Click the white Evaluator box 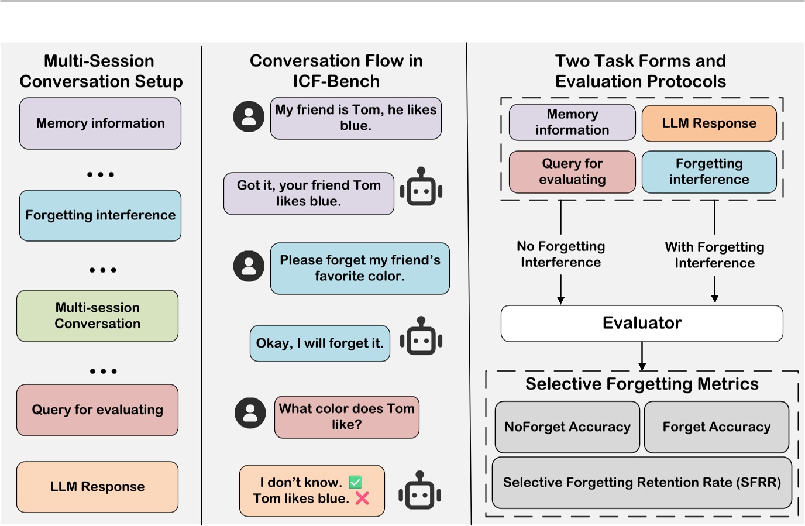(x=642, y=323)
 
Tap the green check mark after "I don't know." (x=355, y=482)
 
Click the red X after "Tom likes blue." (x=362, y=498)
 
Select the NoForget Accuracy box (x=567, y=427)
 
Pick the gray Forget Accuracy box (x=716, y=427)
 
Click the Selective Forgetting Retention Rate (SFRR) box (x=642, y=483)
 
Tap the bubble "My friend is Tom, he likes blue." (x=356, y=118)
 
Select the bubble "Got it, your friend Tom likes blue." (x=308, y=194)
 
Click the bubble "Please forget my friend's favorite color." (x=360, y=269)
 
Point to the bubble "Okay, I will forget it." (x=319, y=343)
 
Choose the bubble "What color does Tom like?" (x=346, y=417)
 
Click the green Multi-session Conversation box (x=98, y=316)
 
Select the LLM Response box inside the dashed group (x=709, y=123)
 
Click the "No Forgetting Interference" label (x=560, y=255)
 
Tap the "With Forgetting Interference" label (x=714, y=255)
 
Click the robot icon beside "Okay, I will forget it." (x=421, y=337)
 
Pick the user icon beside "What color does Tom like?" (x=250, y=412)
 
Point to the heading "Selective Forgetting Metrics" (x=642, y=384)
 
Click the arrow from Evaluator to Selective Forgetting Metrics (x=642, y=356)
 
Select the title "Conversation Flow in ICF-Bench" (x=336, y=71)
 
